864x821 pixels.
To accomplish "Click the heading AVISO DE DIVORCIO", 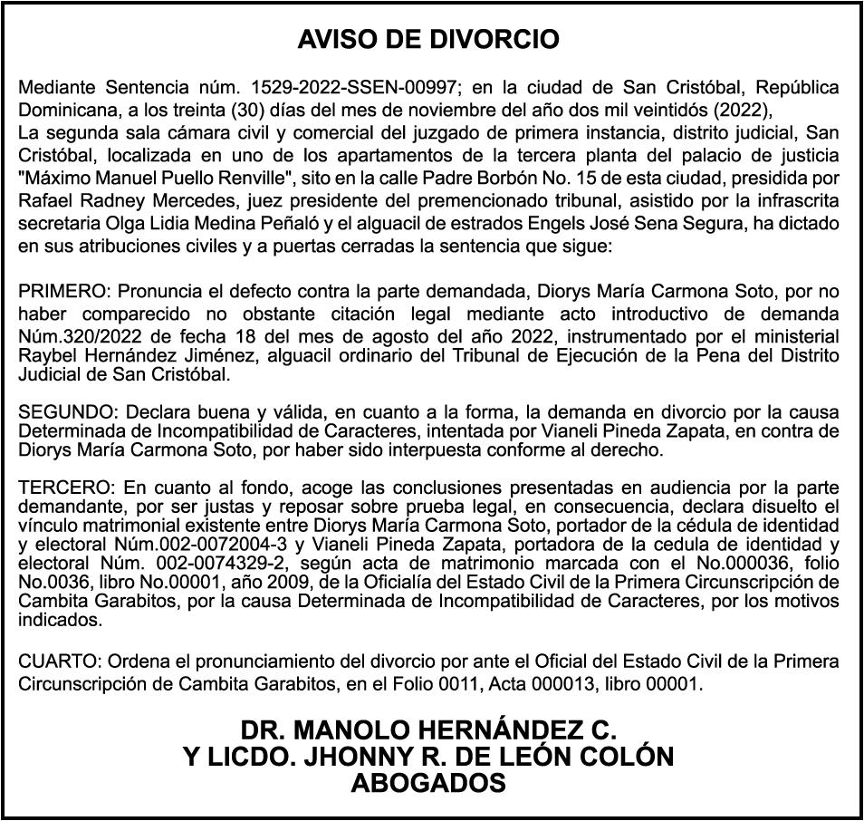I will pyautogui.click(x=428, y=40).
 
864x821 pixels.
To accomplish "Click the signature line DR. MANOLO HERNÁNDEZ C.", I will pyautogui.click(x=428, y=730).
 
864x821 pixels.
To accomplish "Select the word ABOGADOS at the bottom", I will pyautogui.click(x=428, y=783).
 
